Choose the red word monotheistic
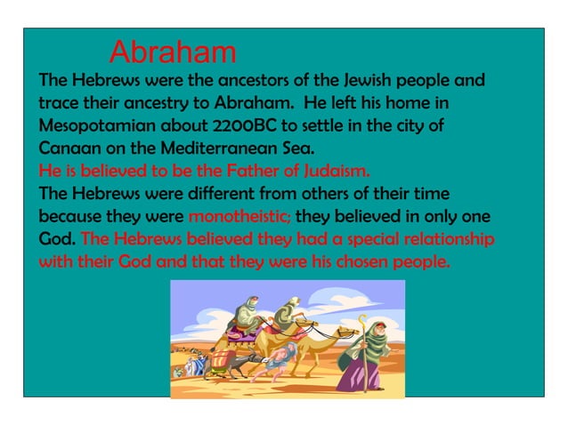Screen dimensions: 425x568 pyautogui.click(x=239, y=216)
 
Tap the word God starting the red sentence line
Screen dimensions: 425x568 pyautogui.click(x=56, y=239)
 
